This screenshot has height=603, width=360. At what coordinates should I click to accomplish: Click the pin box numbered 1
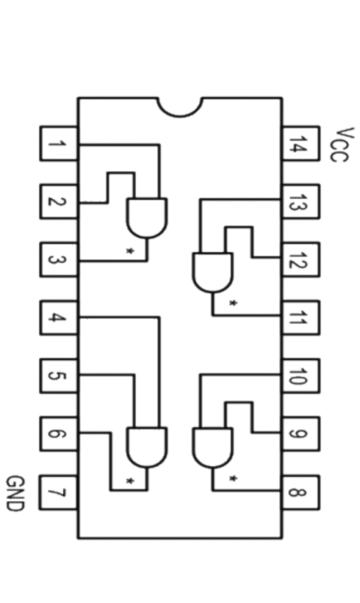coord(59,143)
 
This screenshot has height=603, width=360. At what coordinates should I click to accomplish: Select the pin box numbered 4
coord(59,317)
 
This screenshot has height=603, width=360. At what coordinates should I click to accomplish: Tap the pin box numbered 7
coord(59,493)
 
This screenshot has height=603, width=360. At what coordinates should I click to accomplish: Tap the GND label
coord(14,493)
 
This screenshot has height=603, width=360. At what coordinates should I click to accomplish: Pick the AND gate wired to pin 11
coord(213,272)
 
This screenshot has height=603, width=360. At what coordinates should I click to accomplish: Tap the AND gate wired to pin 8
coord(213,447)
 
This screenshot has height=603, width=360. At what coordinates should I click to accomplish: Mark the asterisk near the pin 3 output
coord(130,251)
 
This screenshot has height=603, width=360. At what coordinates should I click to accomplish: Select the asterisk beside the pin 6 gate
coord(130,480)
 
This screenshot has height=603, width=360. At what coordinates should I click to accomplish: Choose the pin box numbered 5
coord(59,376)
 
